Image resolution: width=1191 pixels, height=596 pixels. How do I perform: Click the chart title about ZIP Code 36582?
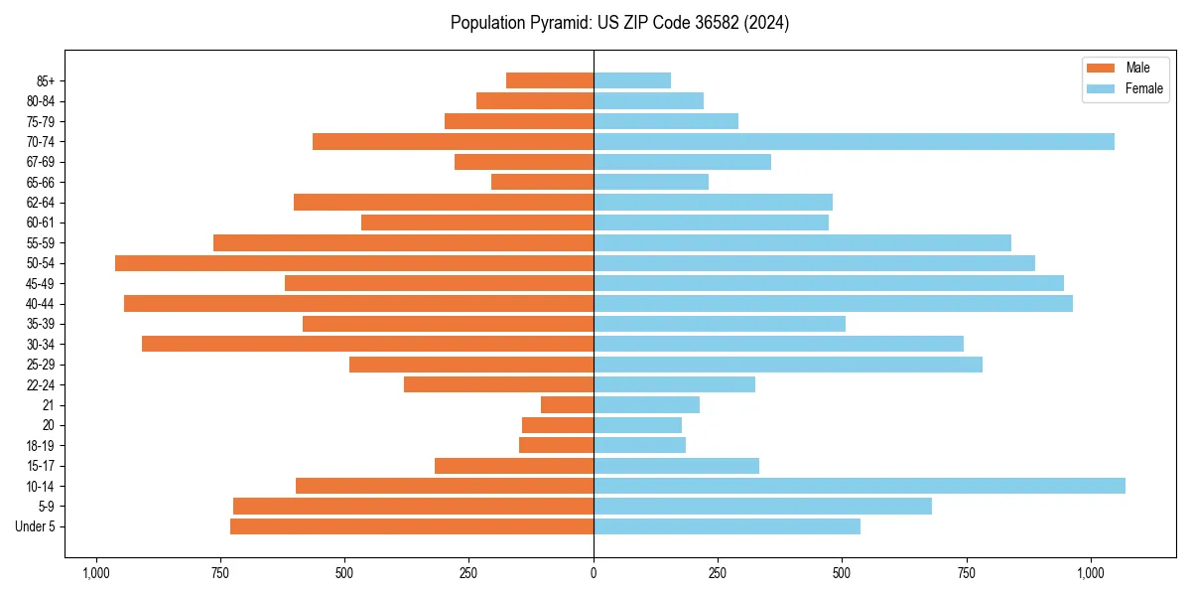tap(619, 23)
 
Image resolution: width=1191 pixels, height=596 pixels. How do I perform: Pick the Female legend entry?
tap(1124, 88)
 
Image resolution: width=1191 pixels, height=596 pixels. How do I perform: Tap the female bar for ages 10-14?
tap(859, 486)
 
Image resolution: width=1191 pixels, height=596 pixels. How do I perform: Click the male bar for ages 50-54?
tap(354, 263)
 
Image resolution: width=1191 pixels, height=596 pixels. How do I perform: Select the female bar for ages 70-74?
tap(854, 142)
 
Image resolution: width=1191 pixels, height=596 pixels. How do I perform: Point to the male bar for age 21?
tap(567, 405)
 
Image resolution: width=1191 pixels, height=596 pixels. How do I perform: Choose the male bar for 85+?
tap(550, 80)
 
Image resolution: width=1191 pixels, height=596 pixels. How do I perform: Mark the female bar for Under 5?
tap(727, 526)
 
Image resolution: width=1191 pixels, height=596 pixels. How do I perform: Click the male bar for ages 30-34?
tap(367, 344)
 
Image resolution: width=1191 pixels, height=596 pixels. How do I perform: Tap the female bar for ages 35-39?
tap(720, 324)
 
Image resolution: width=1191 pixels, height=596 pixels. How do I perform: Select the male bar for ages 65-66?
tap(542, 182)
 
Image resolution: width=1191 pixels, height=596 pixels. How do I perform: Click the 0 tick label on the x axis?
tap(594, 573)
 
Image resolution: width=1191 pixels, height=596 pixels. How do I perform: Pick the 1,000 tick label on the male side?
tap(96, 573)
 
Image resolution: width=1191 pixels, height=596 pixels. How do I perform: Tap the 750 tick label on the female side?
tap(966, 573)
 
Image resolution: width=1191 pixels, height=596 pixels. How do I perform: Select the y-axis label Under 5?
tap(36, 526)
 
